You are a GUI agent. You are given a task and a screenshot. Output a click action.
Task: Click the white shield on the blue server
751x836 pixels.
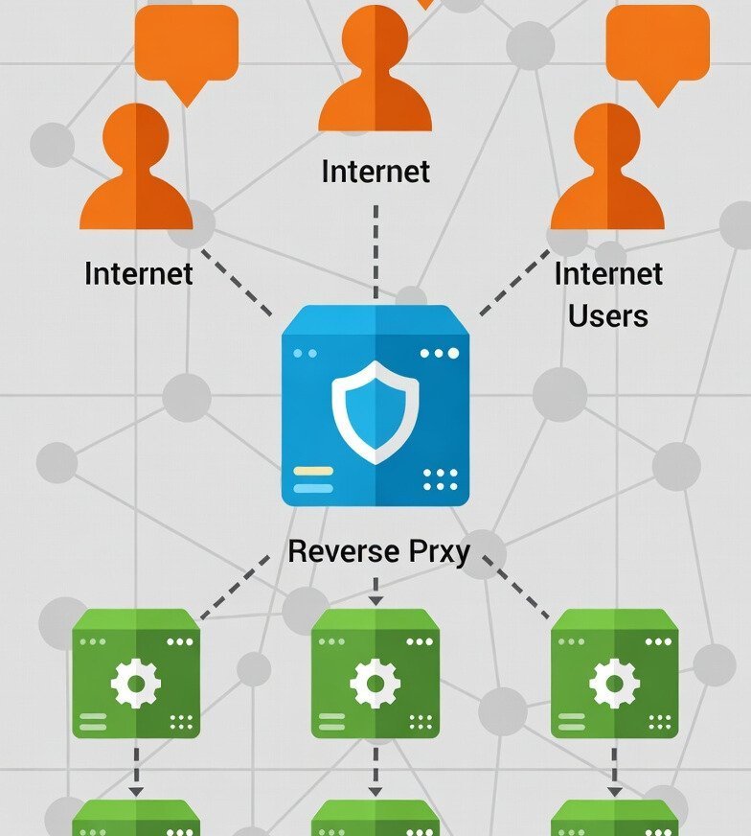tap(375, 411)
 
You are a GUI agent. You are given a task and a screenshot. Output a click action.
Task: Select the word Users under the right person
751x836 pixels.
tap(608, 315)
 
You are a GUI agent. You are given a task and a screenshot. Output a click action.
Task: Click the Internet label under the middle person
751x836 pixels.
tap(375, 172)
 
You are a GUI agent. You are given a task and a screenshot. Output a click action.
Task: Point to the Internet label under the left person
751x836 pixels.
tap(139, 273)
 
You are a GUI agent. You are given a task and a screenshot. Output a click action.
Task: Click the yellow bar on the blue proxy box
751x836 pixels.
tap(312, 471)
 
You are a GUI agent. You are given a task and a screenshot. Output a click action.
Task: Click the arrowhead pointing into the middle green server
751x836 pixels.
tap(375, 600)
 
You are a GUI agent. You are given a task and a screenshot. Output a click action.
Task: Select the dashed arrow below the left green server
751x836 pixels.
tap(136, 770)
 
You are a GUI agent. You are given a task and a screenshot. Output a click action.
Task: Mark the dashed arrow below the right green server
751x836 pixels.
tap(614, 770)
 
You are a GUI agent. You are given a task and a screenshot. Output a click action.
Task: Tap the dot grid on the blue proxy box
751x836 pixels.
tap(441, 479)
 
